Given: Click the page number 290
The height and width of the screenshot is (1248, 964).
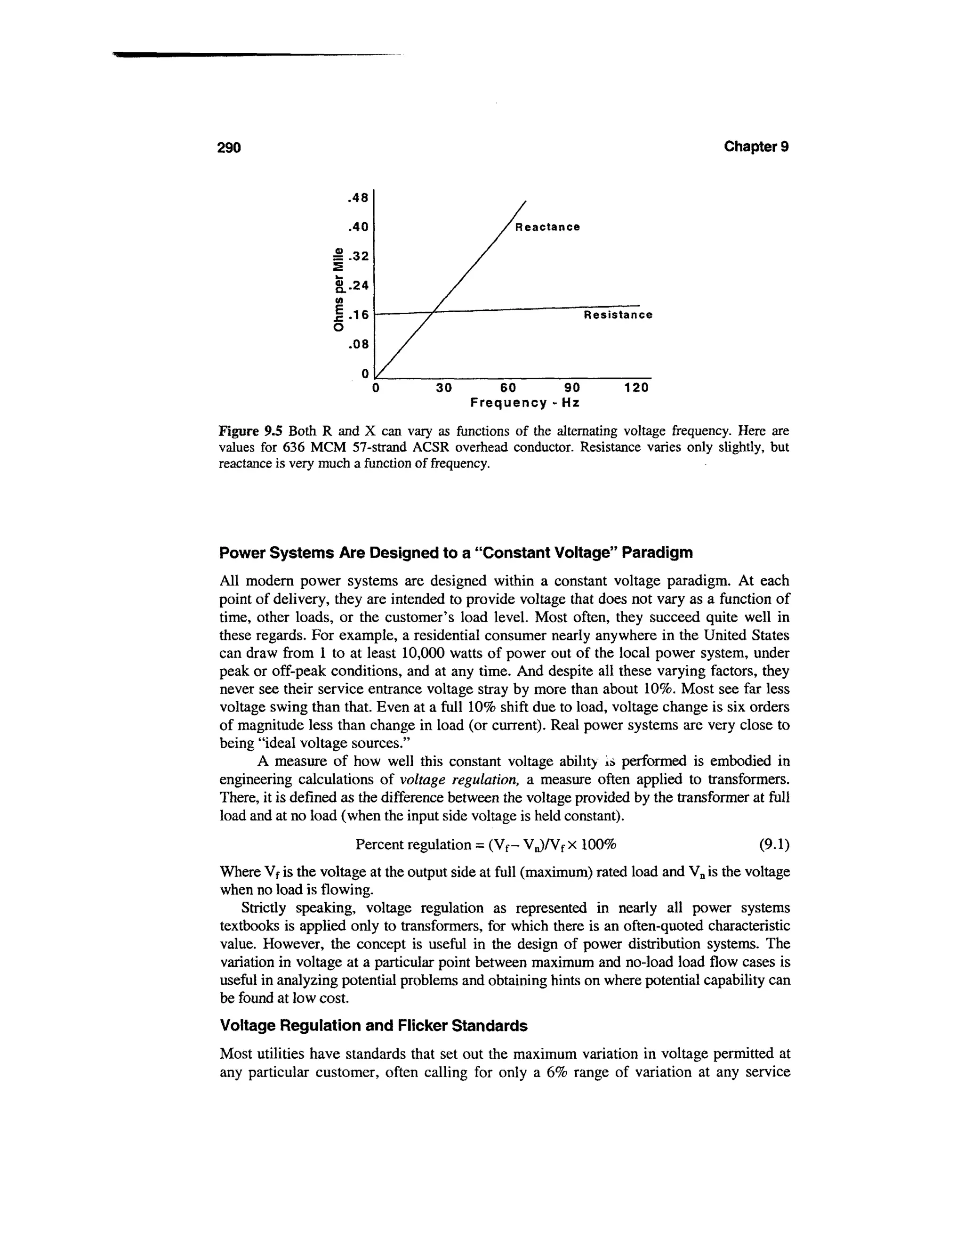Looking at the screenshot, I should [x=230, y=148].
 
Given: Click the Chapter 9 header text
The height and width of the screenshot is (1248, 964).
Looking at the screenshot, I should [x=756, y=147].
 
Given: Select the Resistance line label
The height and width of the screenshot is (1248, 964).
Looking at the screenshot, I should [x=618, y=316].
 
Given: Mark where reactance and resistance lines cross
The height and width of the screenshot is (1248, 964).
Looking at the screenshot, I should [x=436, y=312].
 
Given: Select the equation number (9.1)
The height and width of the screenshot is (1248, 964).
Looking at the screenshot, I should [x=774, y=844].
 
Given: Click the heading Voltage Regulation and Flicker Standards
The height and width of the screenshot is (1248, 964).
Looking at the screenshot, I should [x=373, y=1026].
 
